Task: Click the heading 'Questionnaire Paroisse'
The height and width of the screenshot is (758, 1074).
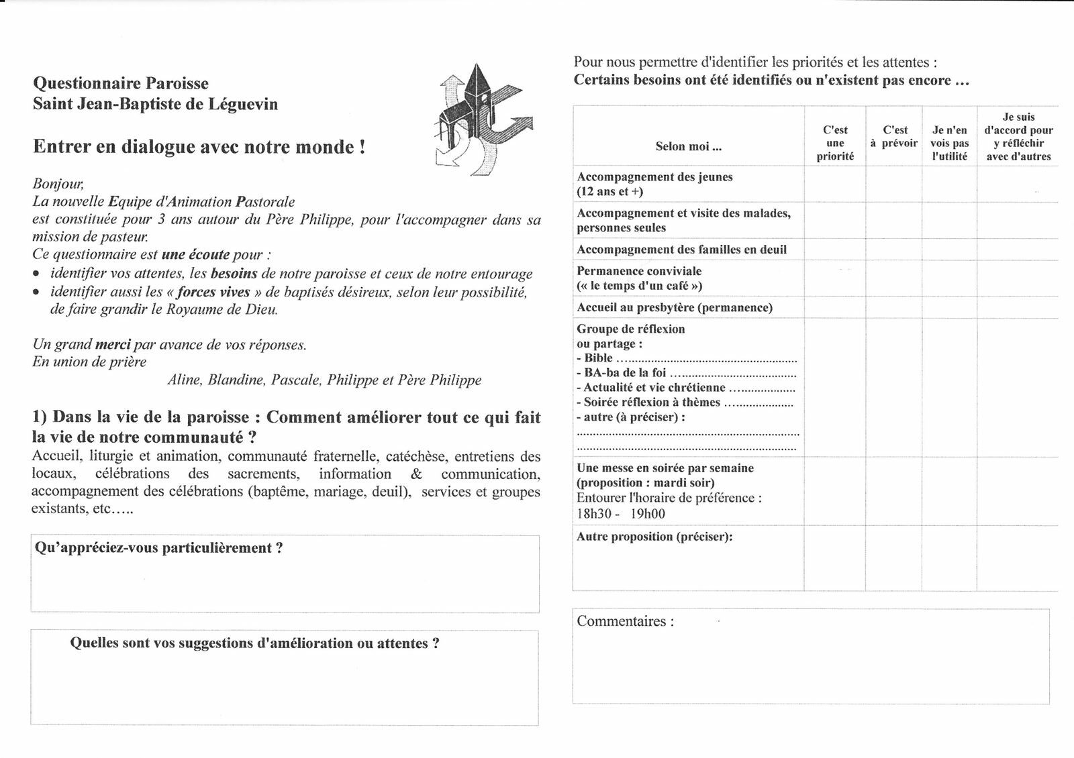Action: (x=121, y=84)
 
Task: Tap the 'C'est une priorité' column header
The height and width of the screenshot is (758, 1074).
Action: (x=835, y=143)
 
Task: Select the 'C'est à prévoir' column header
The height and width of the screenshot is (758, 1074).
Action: (x=895, y=136)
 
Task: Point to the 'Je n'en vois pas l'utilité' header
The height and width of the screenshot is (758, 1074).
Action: (x=949, y=143)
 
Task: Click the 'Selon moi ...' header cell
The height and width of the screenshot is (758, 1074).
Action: (x=688, y=146)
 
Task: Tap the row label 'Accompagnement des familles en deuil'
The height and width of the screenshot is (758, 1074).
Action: (x=681, y=250)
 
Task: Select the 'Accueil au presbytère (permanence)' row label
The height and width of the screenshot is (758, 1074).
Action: (x=675, y=307)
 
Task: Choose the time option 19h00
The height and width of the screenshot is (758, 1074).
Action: (x=648, y=515)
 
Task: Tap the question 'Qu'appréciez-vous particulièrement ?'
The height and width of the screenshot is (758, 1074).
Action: (x=158, y=548)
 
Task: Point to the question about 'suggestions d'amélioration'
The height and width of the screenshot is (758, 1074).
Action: (x=255, y=643)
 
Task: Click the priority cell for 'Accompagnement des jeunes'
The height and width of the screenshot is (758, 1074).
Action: (x=835, y=184)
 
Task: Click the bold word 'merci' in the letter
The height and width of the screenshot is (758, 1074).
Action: (x=113, y=345)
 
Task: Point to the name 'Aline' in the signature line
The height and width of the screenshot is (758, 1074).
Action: (x=183, y=380)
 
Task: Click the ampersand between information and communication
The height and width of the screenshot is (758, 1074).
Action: (x=416, y=474)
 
